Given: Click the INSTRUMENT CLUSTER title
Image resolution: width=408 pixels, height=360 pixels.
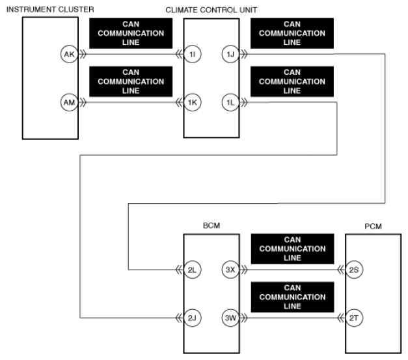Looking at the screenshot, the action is tap(50, 9).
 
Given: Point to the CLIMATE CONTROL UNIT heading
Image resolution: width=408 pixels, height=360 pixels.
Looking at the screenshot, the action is tap(211, 10).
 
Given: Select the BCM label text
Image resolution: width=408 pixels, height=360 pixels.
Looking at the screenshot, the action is tap(211, 225).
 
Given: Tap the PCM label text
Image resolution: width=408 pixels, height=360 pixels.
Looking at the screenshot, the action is tap(373, 227).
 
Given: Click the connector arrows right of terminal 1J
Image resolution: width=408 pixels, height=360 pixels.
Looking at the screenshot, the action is tap(244, 54).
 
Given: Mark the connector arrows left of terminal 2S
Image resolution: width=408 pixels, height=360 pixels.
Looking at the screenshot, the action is tap(340, 270).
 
